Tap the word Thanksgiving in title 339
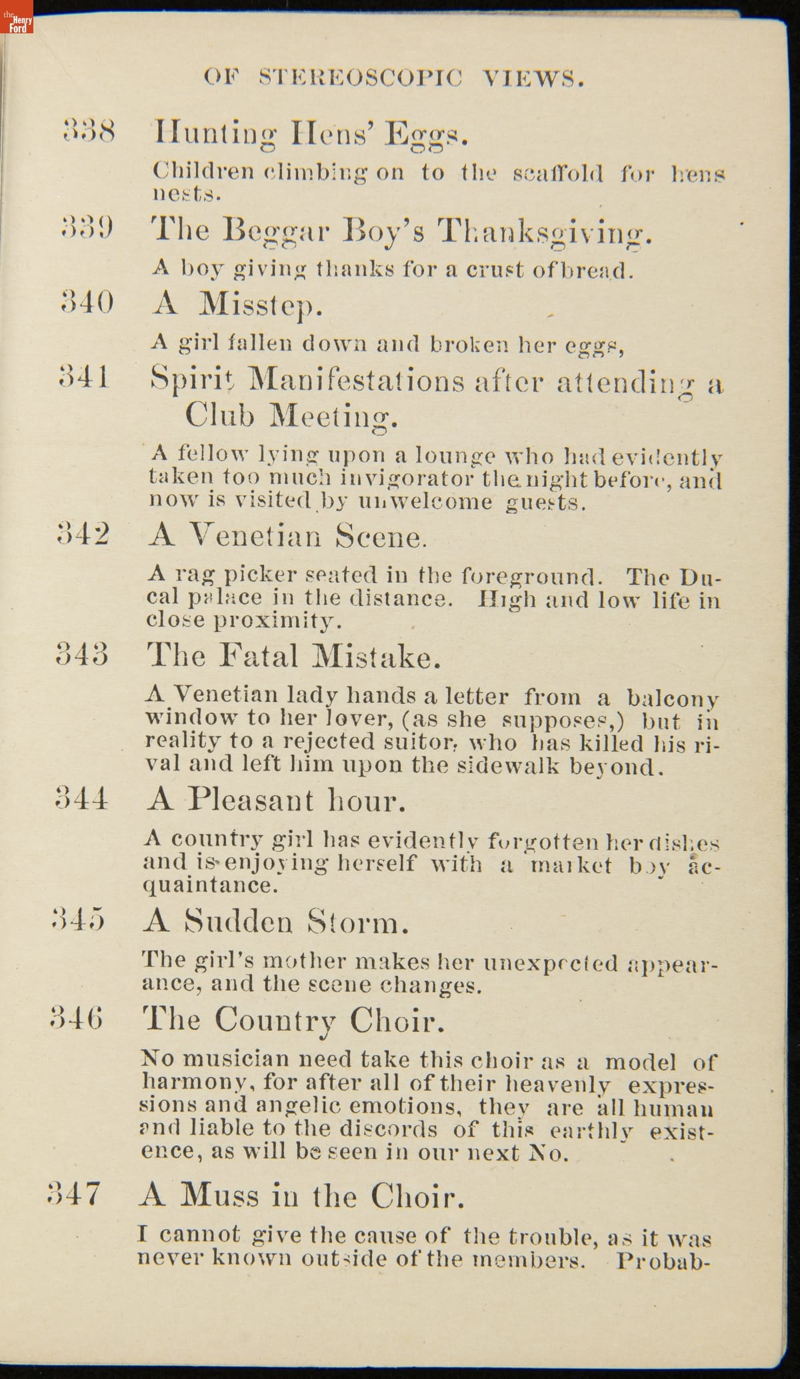[545, 232]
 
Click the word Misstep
[261, 305]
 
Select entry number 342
[83, 534]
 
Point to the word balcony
[672, 698]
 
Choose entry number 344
[81, 798]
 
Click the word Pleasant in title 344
[250, 800]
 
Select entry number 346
[77, 1019]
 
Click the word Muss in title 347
[219, 1196]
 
